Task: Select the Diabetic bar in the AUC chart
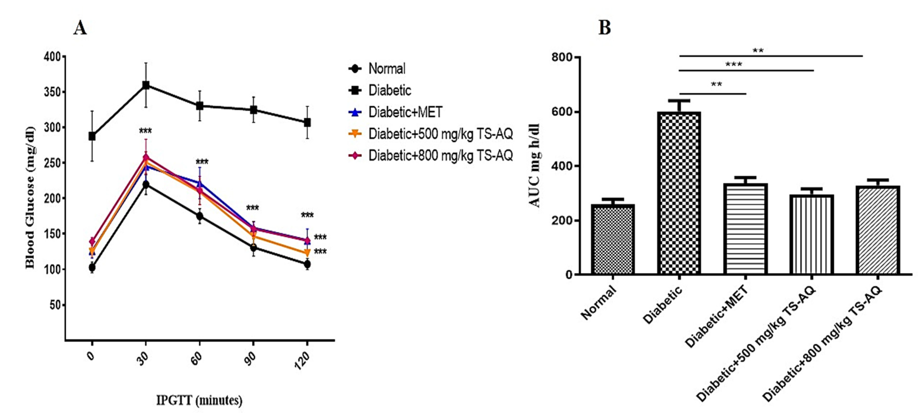pyautogui.click(x=679, y=193)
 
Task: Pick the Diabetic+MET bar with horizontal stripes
pyautogui.click(x=745, y=229)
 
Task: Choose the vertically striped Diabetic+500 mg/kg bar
pyautogui.click(x=812, y=234)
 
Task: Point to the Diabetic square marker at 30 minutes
pyautogui.click(x=146, y=85)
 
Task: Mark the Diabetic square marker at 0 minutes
pyautogui.click(x=92, y=136)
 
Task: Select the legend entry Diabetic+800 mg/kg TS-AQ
pyautogui.click(x=440, y=156)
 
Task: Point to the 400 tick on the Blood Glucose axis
pyautogui.click(x=52, y=57)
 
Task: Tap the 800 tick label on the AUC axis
pyautogui.click(x=562, y=57)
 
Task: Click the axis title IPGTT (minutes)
pyautogui.click(x=199, y=400)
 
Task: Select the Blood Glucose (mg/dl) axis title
pyautogui.click(x=30, y=197)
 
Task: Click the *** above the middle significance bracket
pyautogui.click(x=733, y=65)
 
